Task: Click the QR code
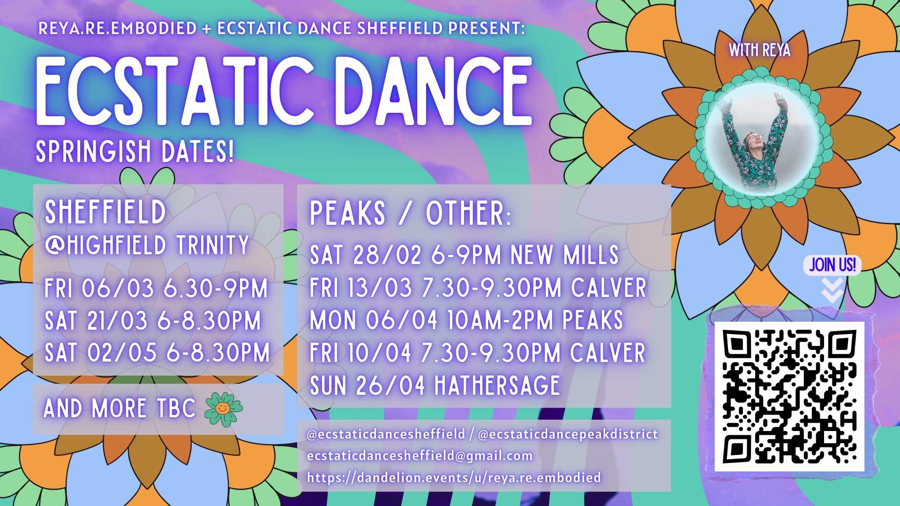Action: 789,396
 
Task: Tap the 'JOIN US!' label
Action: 832,265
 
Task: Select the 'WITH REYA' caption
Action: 759,50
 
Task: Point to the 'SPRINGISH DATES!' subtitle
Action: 135,151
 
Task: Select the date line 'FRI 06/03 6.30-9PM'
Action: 156,288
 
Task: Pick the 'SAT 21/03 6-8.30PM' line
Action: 153,321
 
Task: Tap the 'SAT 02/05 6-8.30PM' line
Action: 157,353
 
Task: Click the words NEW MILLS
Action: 564,255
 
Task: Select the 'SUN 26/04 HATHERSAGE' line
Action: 435,386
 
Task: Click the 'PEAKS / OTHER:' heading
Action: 411,214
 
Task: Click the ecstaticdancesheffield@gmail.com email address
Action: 420,456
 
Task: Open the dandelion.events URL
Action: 454,477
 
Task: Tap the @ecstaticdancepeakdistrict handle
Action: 568,434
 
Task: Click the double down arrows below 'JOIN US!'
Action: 832,290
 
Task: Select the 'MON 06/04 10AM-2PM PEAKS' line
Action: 466,320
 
